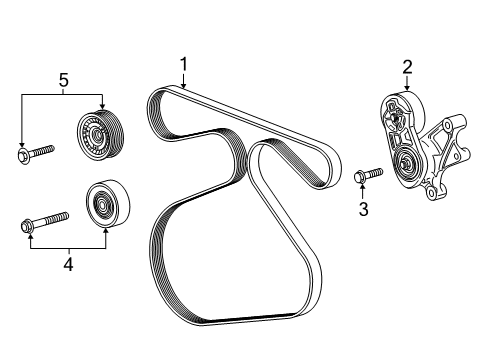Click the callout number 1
pyautogui.click(x=183, y=64)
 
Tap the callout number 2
pyautogui.click(x=407, y=67)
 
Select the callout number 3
pyautogui.click(x=363, y=209)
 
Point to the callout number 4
pyautogui.click(x=68, y=264)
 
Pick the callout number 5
pyautogui.click(x=63, y=80)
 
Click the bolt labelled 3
pyautogui.click(x=368, y=175)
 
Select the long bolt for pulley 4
pyautogui.click(x=45, y=222)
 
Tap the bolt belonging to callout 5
pyautogui.click(x=35, y=153)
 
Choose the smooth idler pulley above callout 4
pyautogui.click(x=108, y=203)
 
